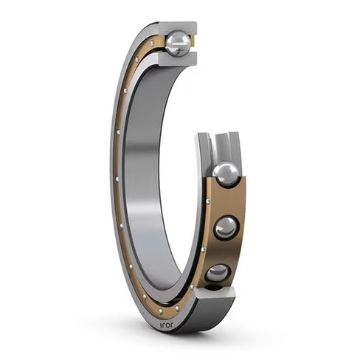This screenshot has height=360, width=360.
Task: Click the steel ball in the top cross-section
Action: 177,44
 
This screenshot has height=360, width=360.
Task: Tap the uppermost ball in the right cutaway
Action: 226,175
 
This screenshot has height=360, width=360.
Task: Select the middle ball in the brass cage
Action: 226,226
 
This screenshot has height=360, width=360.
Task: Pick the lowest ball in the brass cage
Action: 218,274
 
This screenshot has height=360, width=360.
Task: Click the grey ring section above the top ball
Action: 177,27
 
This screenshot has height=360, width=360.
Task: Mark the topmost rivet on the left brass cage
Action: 153,44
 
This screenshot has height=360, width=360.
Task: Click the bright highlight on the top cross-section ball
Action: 173,40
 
